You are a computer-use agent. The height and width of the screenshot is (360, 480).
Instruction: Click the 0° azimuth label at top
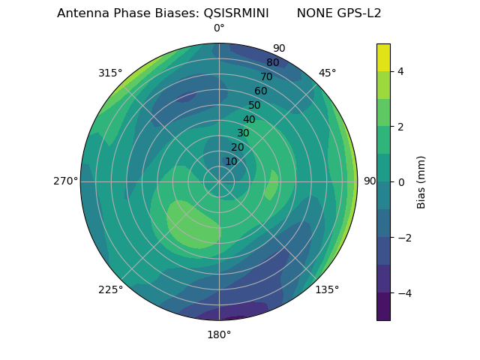click(x=219, y=28)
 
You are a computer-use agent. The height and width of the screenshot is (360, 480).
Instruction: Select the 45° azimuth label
click(x=327, y=73)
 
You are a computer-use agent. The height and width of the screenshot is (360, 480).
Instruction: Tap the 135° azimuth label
click(x=327, y=289)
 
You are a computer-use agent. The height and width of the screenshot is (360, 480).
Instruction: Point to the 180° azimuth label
click(x=219, y=334)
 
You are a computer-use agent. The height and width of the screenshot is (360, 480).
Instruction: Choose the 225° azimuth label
click(x=110, y=289)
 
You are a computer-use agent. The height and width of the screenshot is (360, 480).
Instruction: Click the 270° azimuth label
click(x=65, y=181)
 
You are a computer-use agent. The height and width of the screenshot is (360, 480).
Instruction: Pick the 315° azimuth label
click(x=110, y=73)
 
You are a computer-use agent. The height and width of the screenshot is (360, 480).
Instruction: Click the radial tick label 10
click(x=231, y=161)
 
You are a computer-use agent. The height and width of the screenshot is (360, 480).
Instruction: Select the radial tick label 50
click(x=255, y=105)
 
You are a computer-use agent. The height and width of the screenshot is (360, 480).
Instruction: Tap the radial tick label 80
click(x=273, y=63)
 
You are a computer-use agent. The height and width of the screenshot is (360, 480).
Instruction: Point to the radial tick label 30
click(x=243, y=133)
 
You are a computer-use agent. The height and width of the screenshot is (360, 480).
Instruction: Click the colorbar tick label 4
click(x=401, y=71)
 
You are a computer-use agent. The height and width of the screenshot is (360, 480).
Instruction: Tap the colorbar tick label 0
click(x=401, y=182)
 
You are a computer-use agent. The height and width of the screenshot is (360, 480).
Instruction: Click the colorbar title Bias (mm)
click(x=421, y=182)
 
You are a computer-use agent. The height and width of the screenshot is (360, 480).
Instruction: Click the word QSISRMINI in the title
click(x=236, y=13)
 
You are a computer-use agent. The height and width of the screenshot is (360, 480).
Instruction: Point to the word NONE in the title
click(x=311, y=13)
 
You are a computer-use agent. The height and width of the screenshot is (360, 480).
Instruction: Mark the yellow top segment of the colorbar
click(x=383, y=57)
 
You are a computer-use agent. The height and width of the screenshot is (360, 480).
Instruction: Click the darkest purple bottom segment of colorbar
click(x=383, y=307)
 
